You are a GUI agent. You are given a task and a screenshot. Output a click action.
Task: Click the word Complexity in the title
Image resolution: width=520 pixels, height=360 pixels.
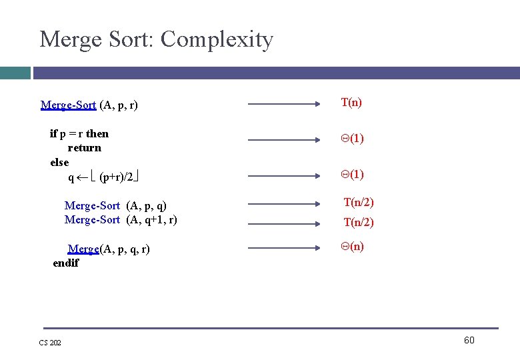point(217,41)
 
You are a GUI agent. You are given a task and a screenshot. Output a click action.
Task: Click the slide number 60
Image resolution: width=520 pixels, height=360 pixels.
point(469,341)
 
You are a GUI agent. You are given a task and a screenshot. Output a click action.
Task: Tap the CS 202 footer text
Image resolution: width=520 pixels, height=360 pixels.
point(49,343)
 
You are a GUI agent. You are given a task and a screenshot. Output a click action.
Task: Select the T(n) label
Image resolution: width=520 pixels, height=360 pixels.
point(351,102)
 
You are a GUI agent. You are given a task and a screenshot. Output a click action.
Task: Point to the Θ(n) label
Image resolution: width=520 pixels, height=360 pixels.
point(352,246)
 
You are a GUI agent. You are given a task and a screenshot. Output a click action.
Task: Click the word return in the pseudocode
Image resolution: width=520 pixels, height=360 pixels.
point(85,148)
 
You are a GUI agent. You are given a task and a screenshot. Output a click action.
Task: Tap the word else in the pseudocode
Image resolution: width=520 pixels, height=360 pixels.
point(59,162)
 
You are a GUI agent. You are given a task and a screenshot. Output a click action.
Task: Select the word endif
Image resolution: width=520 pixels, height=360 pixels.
point(66,263)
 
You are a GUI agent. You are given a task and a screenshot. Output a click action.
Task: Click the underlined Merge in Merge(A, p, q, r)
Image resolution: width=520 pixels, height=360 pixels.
point(83,249)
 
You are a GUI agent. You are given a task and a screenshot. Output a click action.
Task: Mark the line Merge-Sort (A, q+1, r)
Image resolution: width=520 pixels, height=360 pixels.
point(121,219)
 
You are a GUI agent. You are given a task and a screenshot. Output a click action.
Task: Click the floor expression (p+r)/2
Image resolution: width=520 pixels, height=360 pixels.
point(116,177)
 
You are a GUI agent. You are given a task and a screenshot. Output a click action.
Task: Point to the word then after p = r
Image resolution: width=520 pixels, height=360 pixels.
point(97,133)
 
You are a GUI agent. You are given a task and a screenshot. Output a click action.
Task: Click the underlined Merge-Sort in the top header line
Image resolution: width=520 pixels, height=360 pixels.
point(68,105)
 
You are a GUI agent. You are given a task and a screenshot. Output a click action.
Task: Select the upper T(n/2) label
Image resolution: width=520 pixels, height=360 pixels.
point(359,202)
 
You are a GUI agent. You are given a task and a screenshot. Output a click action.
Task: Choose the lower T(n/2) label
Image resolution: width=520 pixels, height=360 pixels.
point(359,223)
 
